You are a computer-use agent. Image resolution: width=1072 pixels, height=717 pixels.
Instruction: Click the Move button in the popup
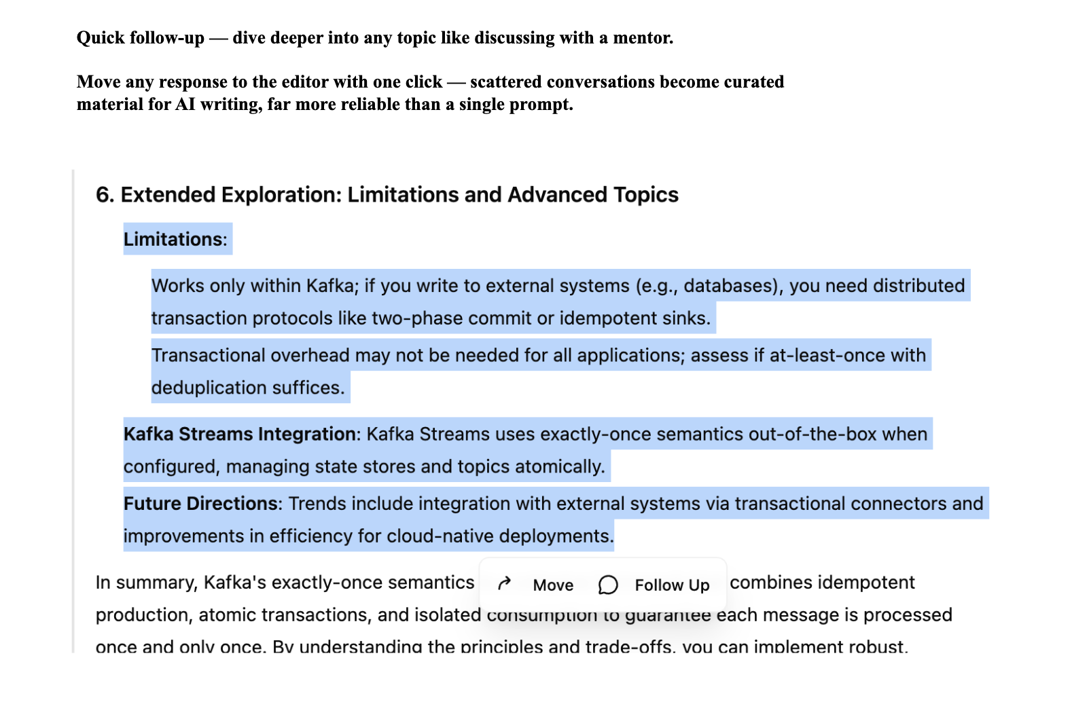(x=552, y=585)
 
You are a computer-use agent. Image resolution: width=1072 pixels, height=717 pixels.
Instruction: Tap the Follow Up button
(x=671, y=585)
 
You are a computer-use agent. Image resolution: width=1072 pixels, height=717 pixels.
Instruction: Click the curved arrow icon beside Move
(x=504, y=584)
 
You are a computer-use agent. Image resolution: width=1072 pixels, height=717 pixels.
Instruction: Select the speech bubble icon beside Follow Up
(x=608, y=585)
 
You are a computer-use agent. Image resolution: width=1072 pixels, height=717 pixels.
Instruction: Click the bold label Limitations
(x=173, y=239)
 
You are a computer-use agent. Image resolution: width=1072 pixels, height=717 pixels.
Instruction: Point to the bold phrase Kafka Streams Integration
(x=240, y=434)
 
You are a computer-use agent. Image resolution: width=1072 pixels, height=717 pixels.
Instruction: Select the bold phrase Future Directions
(x=200, y=503)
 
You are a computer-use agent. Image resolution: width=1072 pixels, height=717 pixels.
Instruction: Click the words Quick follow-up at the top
(x=140, y=38)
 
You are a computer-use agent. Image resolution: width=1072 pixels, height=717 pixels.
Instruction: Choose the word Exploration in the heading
(x=281, y=195)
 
